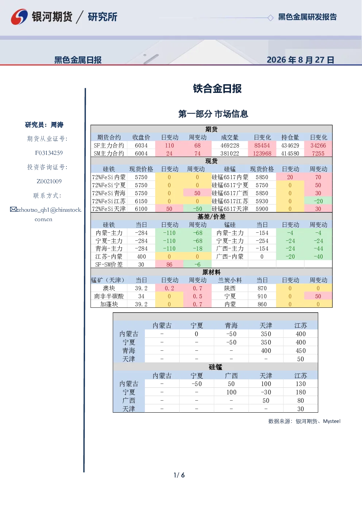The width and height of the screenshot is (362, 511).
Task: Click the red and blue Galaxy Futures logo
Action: tap(19, 17)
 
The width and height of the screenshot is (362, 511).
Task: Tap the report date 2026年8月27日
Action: tap(300, 60)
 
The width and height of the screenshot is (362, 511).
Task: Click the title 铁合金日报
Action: tap(217, 89)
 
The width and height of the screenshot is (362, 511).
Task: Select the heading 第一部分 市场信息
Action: tap(213, 114)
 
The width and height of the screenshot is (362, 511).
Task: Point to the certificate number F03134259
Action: tap(49, 153)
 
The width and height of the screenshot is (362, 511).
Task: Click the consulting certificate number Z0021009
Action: tap(49, 181)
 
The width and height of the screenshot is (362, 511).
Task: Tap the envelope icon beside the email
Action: tap(13, 209)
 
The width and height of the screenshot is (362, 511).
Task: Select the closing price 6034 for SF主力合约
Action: tap(141, 146)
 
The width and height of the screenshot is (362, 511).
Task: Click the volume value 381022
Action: tap(230, 154)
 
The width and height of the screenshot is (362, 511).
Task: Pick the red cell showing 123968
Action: tap(262, 154)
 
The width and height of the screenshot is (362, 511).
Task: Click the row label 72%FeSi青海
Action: tap(109, 193)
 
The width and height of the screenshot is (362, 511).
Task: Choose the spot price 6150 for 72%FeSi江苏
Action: tap(141, 201)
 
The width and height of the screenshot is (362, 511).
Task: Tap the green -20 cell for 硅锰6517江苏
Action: tap(318, 201)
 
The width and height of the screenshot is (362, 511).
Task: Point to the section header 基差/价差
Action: tap(211, 216)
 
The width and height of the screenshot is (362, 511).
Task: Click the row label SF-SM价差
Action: tap(109, 265)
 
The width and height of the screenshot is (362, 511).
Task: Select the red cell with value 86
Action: tap(169, 265)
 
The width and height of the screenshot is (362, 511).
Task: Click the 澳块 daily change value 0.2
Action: tap(169, 288)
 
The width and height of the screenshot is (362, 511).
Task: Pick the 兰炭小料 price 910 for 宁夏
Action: tap(262, 296)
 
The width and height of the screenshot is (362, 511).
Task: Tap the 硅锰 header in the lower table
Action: tap(215, 367)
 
